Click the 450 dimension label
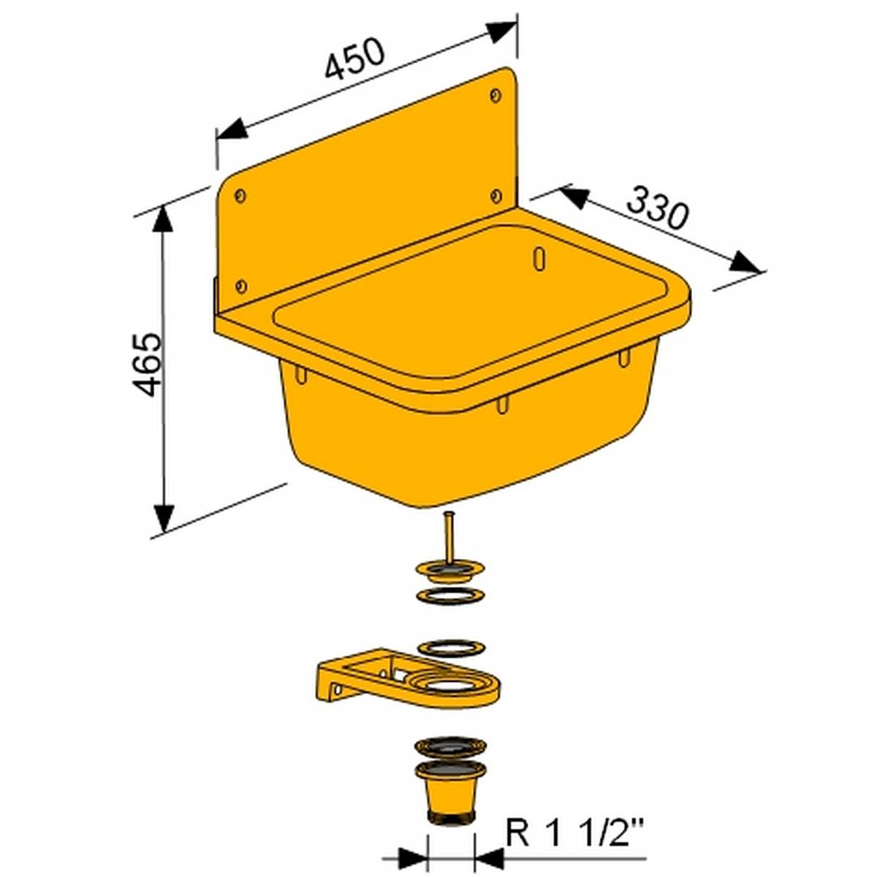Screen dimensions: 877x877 click(x=354, y=58)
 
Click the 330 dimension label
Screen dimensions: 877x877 click(x=658, y=208)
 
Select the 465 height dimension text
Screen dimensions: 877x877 click(x=149, y=364)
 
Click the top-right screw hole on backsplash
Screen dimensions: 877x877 click(x=496, y=95)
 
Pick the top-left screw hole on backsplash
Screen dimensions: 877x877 click(x=240, y=195)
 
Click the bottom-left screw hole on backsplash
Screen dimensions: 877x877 click(x=242, y=286)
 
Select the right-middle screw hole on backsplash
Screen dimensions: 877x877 click(x=496, y=195)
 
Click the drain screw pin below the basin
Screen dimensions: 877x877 click(x=448, y=537)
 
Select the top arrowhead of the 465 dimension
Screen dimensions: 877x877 click(x=164, y=219)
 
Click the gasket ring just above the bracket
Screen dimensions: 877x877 click(x=450, y=648)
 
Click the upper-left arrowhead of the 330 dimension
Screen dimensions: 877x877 click(x=574, y=196)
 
